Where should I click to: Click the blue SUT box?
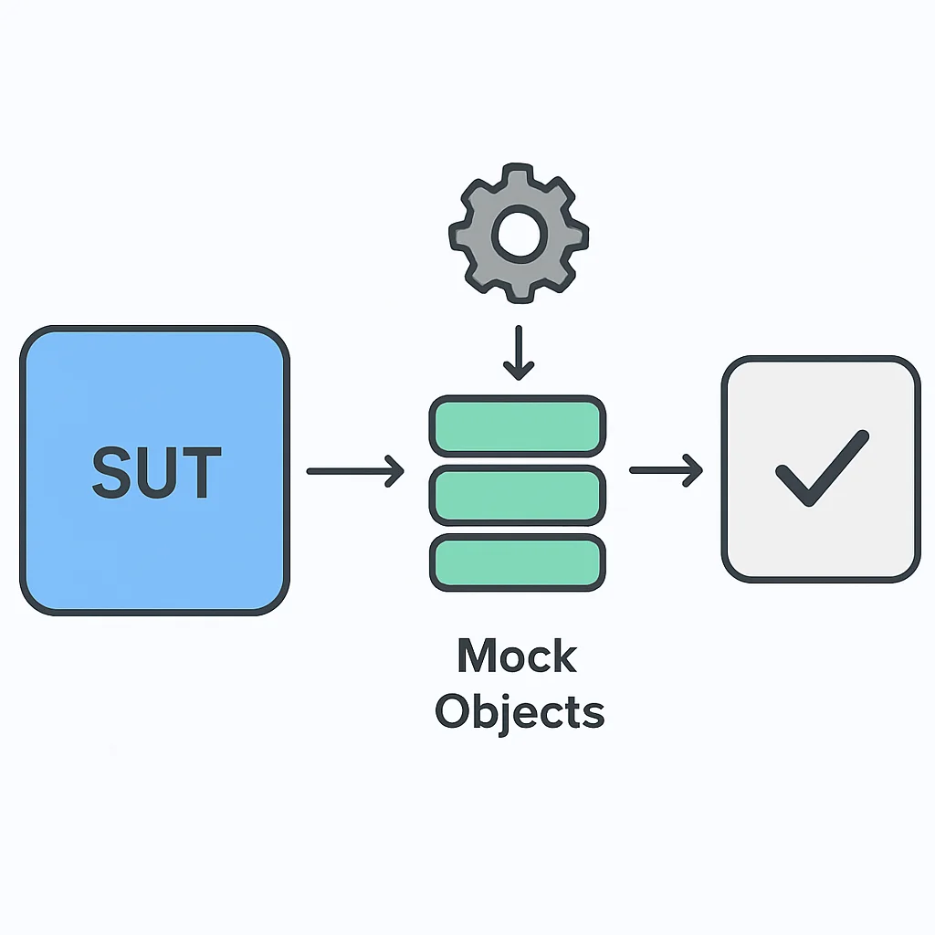[x=155, y=470]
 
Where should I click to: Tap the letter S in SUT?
[x=111, y=472]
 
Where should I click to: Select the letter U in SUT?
[x=157, y=472]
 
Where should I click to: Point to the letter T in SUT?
[x=201, y=472]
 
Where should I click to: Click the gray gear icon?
[x=519, y=233]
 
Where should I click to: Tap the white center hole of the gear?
[x=520, y=235]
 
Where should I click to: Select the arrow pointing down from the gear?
[x=519, y=353]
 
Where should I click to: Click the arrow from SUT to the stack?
[x=356, y=471]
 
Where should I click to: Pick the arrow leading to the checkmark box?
[x=666, y=470]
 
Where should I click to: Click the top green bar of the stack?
[x=518, y=425]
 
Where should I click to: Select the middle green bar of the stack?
[x=518, y=496]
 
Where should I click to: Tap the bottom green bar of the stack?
[x=518, y=562]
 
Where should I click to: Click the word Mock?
[x=518, y=656]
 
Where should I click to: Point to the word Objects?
[x=520, y=710]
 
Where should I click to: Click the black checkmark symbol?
[x=823, y=468]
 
